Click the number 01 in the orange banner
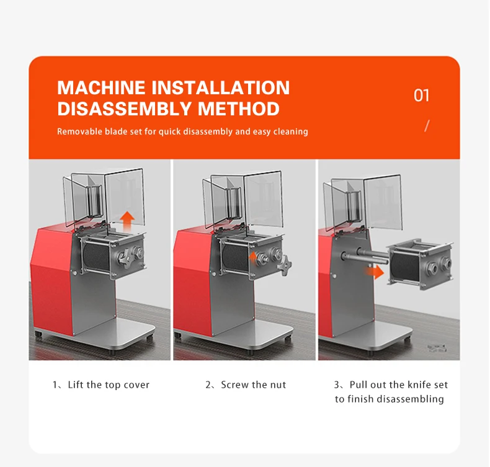click(x=422, y=96)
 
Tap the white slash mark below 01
click(x=427, y=125)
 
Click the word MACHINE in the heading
click(x=101, y=87)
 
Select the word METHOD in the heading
click(x=238, y=109)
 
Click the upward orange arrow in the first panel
click(x=128, y=221)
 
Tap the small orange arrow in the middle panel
click(x=253, y=258)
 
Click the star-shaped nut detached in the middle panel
click(x=285, y=265)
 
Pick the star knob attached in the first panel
click(x=125, y=259)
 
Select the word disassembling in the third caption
click(x=410, y=399)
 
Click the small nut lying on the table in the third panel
click(x=437, y=348)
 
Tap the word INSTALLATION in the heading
click(x=221, y=87)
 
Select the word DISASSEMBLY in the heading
click(x=125, y=109)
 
